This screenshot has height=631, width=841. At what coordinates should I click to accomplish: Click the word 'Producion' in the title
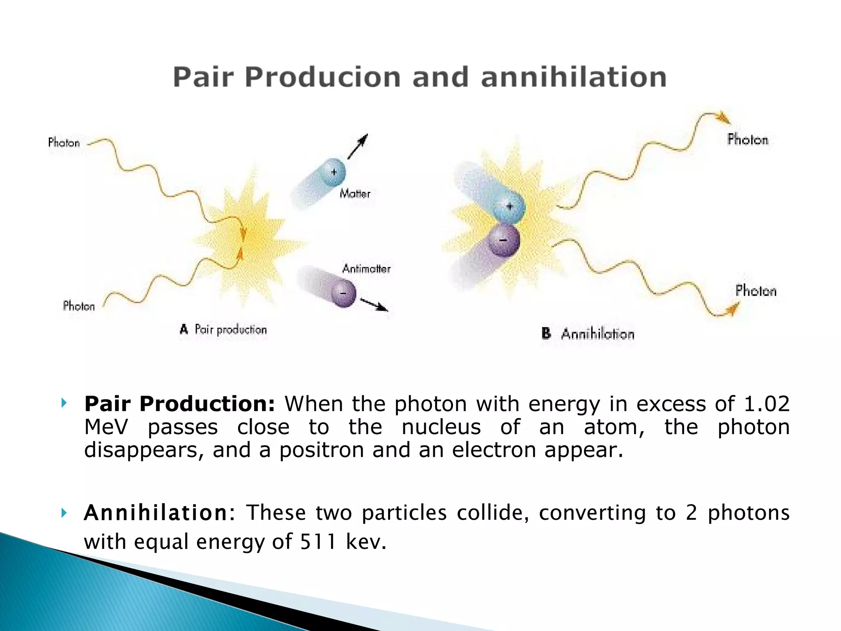(322, 77)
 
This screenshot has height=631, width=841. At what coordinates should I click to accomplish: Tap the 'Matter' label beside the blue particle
(355, 193)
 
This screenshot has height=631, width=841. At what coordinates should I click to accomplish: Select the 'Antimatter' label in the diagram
(366, 269)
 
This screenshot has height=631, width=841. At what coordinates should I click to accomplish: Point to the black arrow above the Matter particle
(358, 146)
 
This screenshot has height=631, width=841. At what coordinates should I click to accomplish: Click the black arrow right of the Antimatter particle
(374, 305)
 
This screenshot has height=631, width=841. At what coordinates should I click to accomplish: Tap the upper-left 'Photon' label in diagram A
(64, 143)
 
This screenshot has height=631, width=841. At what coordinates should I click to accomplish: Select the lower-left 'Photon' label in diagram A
(79, 306)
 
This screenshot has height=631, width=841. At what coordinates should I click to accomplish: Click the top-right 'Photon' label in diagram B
(747, 140)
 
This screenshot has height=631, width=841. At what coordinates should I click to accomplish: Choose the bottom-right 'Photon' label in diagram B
(756, 291)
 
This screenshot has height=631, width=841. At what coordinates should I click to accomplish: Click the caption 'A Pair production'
(224, 329)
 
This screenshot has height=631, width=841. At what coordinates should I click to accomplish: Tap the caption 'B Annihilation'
(588, 334)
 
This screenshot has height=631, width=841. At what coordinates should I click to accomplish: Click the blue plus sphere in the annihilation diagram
(509, 207)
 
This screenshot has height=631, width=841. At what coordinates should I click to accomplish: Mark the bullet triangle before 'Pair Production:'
(64, 403)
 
